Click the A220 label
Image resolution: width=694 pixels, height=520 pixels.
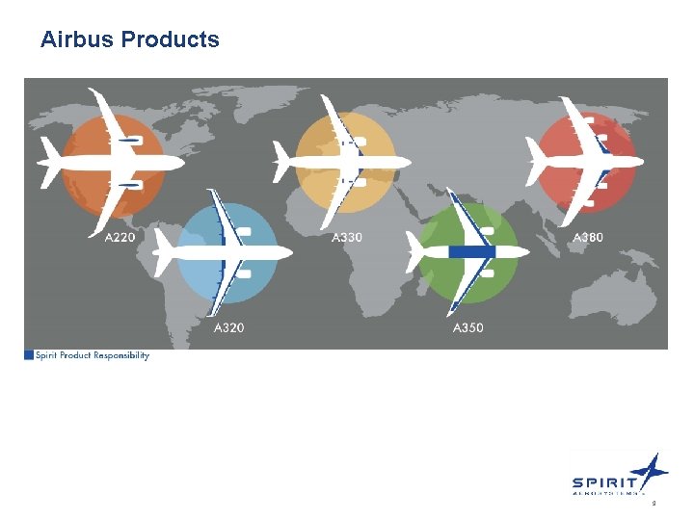(120, 237)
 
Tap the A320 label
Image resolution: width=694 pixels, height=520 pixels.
(228, 328)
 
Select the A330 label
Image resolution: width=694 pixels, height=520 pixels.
(347, 237)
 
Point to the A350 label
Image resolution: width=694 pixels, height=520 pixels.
(468, 328)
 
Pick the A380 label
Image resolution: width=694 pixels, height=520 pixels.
(589, 237)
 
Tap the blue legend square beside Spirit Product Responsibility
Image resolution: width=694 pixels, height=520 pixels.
(29, 356)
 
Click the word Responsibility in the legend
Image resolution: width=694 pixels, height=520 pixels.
(120, 356)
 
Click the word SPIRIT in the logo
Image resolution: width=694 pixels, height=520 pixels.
(603, 482)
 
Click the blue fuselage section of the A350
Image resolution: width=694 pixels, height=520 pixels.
(472, 252)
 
